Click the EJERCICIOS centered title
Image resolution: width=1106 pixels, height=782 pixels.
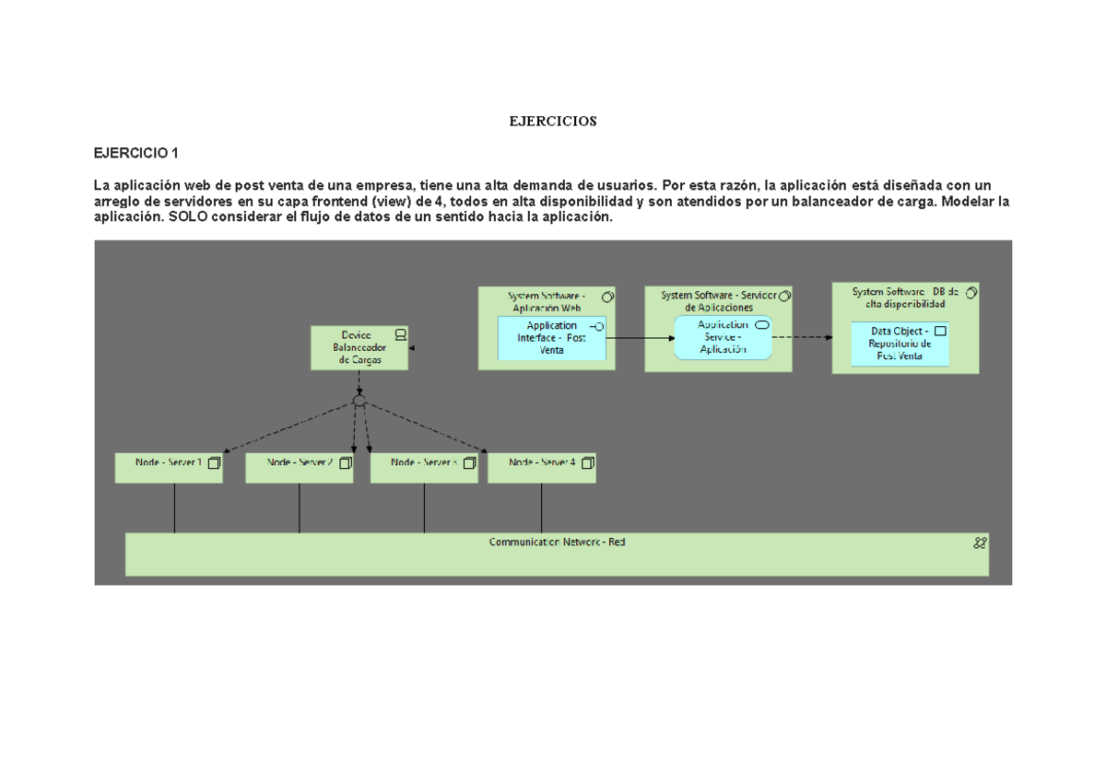click(x=553, y=122)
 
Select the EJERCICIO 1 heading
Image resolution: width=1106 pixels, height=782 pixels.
click(x=137, y=153)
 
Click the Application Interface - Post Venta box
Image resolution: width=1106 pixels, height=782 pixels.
click(x=551, y=338)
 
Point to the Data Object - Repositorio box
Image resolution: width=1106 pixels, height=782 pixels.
click(x=899, y=344)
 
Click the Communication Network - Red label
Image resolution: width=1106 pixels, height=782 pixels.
click(x=557, y=543)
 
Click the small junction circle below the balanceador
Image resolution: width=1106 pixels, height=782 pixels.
click(x=359, y=401)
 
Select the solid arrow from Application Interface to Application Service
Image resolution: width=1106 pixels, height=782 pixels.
click(x=641, y=338)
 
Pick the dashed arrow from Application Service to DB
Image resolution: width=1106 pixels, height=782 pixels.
click(x=802, y=337)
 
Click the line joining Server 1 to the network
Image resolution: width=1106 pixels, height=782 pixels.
click(x=174, y=508)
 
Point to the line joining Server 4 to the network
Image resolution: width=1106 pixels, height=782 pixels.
click(x=541, y=508)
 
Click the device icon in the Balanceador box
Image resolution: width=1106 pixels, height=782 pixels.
click(x=400, y=334)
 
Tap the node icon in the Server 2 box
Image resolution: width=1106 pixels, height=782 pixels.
click(x=345, y=463)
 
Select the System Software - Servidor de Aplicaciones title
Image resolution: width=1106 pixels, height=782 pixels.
click(x=719, y=300)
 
